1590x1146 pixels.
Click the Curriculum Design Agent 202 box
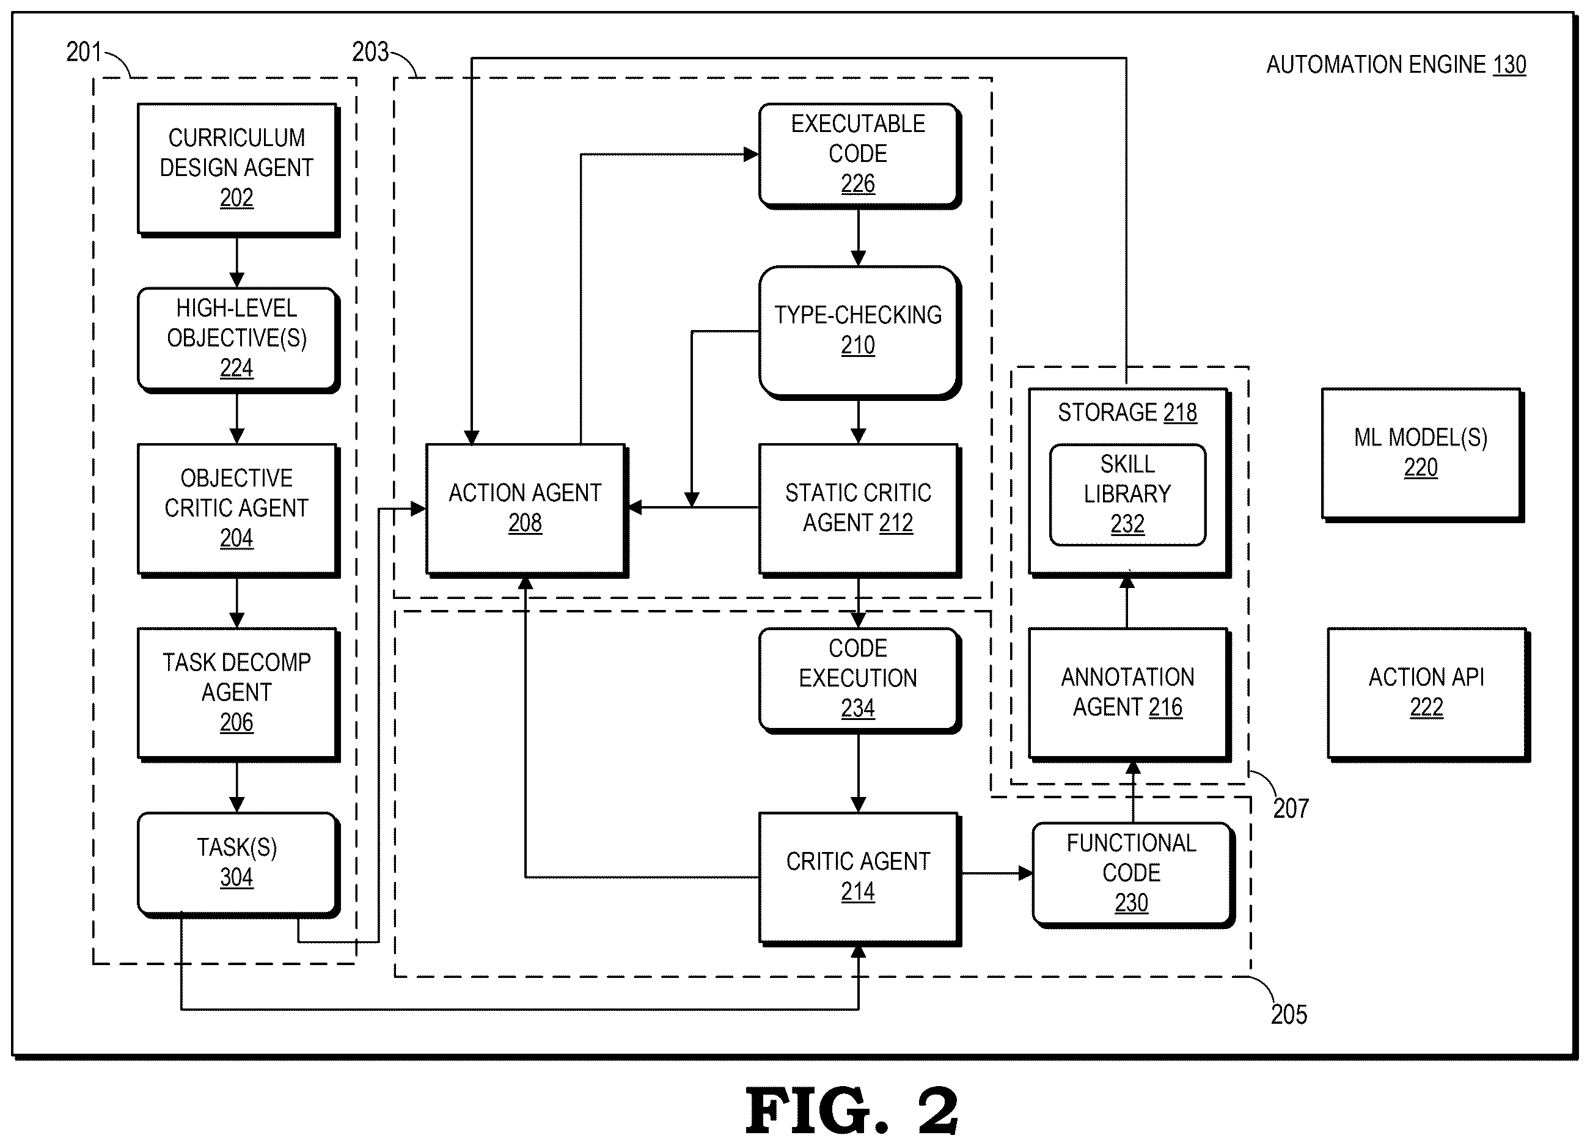238,171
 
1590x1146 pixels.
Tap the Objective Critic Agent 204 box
238,510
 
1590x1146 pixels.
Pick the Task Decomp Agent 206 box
238,694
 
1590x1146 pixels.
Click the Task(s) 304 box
238,865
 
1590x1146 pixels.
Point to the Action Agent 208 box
527,510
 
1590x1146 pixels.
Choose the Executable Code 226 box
860,156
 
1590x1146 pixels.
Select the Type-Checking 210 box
860,332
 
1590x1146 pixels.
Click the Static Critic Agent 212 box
860,510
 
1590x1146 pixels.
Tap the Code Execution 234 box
860,680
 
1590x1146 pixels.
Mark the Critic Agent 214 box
860,880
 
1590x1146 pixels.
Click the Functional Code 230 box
1133,875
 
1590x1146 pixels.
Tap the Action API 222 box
1428,694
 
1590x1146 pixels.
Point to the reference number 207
1291,809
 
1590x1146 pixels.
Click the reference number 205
1289,1015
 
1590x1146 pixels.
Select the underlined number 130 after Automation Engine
1509,65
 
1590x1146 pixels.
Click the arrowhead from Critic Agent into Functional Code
1025,873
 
